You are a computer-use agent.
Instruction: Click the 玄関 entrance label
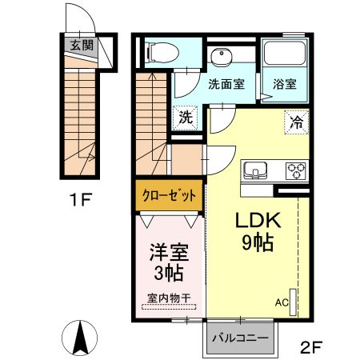tap(82, 46)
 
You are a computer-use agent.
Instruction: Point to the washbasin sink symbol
tap(220, 57)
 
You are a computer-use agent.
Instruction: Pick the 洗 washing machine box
tap(186, 117)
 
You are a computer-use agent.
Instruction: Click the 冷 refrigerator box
tap(295, 122)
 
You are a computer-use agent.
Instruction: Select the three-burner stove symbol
tap(295, 170)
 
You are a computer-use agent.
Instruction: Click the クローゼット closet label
tap(167, 196)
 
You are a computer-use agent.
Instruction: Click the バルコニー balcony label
tap(239, 337)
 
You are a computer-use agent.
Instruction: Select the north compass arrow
tap(81, 337)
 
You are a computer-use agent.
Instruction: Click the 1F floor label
tap(81, 197)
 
